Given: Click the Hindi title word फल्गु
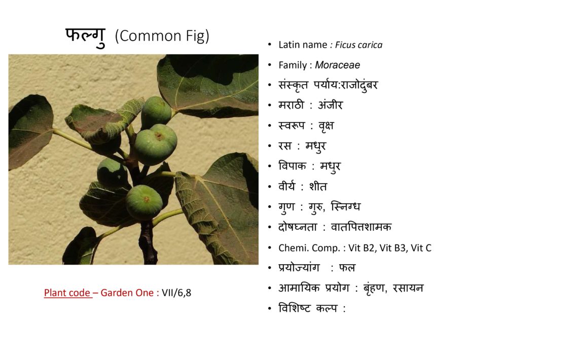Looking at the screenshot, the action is (85, 37).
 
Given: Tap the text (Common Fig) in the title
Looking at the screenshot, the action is (162, 36).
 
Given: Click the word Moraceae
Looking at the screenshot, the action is (337, 65).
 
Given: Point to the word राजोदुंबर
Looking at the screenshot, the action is (359, 86).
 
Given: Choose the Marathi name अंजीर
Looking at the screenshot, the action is (330, 105).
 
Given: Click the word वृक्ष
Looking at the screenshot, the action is (326, 126).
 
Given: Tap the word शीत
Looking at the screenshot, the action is (318, 187).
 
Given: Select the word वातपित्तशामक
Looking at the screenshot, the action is (361, 227).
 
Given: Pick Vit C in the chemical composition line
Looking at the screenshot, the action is (421, 248).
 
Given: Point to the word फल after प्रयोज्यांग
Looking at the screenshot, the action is (347, 268).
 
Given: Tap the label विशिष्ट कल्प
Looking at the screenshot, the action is (308, 308).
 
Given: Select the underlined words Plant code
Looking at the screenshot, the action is (67, 293).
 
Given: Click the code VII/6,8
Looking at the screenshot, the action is (176, 293).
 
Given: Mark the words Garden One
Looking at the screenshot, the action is (127, 293).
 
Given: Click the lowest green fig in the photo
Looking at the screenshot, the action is (144, 202).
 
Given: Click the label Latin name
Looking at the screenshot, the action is (303, 45).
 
